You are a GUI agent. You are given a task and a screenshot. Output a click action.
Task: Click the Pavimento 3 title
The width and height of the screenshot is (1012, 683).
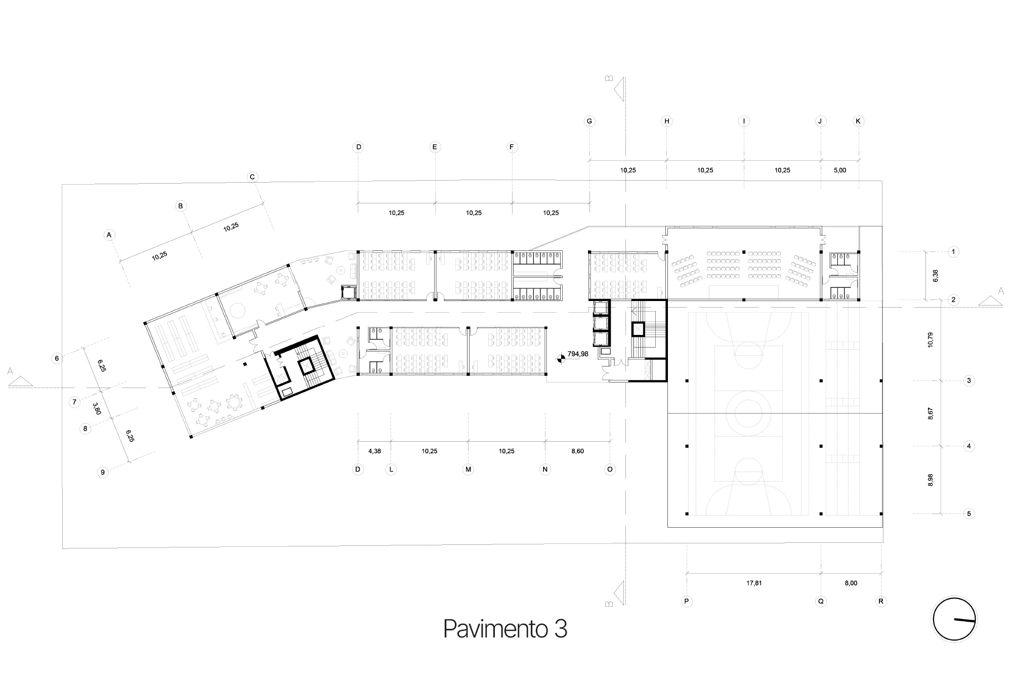(x=505, y=629)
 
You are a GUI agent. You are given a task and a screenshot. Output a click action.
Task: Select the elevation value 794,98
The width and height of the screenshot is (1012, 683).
(x=578, y=354)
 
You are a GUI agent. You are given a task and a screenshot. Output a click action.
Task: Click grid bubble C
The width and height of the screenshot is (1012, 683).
(x=252, y=177)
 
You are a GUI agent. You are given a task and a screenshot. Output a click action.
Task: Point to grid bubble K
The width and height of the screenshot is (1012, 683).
(x=858, y=121)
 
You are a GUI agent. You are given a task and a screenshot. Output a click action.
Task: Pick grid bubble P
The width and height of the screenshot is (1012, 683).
(x=687, y=602)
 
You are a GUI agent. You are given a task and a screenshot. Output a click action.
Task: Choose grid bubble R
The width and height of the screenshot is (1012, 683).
(x=881, y=602)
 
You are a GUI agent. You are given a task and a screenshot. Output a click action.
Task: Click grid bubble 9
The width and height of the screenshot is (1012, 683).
(x=103, y=473)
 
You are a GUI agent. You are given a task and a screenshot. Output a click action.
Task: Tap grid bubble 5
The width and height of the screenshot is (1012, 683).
(x=969, y=514)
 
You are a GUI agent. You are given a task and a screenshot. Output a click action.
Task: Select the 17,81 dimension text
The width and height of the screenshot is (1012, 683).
(x=754, y=583)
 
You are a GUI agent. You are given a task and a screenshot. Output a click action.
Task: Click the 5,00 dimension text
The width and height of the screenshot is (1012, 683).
(x=839, y=170)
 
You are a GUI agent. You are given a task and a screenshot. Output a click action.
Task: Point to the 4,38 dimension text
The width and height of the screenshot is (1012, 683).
(x=374, y=451)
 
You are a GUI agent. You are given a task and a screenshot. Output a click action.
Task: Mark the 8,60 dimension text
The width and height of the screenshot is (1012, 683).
(x=577, y=451)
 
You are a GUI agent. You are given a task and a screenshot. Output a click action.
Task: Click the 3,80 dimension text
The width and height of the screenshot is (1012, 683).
(x=97, y=408)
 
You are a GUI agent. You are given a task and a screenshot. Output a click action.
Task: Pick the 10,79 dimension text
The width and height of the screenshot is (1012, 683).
(x=930, y=339)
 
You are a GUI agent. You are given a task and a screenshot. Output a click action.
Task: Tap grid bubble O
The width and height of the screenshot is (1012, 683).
(x=610, y=469)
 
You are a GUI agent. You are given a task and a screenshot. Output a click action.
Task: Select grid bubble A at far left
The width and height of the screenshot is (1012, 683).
(x=109, y=235)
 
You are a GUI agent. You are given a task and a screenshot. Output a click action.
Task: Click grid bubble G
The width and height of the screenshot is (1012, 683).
(x=589, y=121)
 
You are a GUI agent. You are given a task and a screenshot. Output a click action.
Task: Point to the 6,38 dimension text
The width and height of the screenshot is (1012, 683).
(x=935, y=275)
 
